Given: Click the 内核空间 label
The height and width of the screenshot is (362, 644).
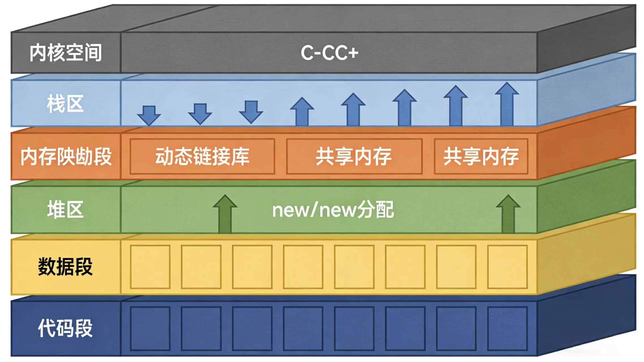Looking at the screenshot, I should [66, 53].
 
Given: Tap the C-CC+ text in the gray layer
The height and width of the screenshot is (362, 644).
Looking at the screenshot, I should [329, 53].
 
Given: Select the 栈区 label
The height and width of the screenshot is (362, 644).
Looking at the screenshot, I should [65, 104].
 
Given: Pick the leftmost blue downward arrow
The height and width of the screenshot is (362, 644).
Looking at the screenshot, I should [149, 115].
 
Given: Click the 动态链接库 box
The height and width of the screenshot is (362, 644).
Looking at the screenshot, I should [202, 156].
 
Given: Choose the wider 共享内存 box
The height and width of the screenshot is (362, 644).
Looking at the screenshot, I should [354, 156].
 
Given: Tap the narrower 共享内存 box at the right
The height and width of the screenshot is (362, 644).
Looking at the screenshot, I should [481, 156].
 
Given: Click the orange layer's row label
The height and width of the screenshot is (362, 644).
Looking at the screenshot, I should [66, 157].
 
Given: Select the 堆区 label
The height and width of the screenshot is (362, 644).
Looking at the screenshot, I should [65, 210].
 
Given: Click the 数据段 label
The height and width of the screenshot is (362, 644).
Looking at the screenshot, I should [65, 266].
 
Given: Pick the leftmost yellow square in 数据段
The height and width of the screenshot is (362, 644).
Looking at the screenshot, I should [150, 267].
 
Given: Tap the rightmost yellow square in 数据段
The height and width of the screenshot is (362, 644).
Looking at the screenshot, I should [507, 267].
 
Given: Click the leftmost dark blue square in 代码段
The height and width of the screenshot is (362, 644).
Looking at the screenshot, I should [150, 328].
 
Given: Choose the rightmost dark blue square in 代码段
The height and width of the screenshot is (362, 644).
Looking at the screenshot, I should [507, 328].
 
